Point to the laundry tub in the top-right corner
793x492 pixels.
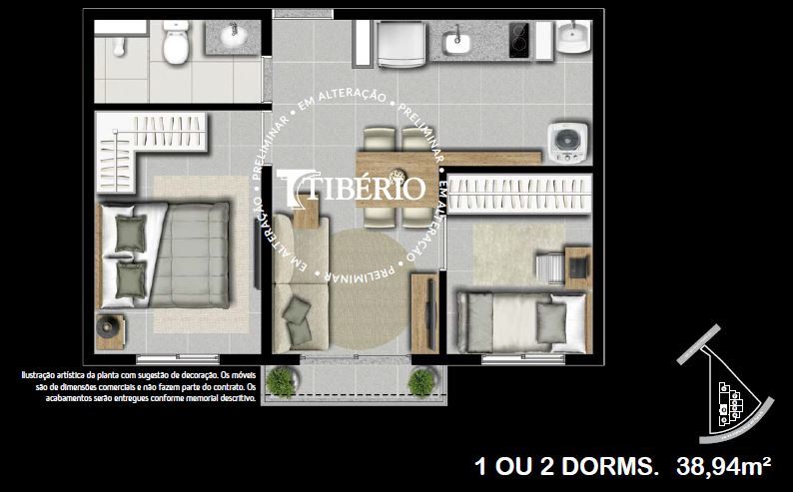click(x=574, y=38)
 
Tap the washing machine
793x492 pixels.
click(x=566, y=141)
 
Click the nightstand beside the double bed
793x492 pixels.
click(x=110, y=327)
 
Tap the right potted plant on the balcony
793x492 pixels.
click(x=422, y=381)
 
